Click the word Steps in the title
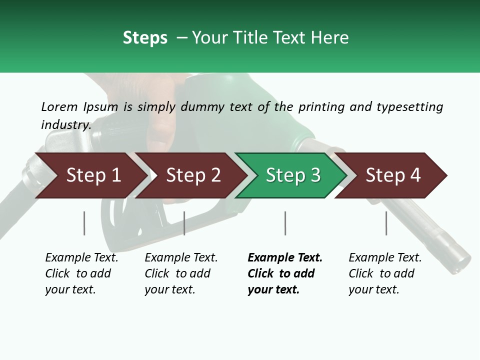(145, 38)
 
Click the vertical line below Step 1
(84, 223)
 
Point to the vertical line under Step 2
(184, 223)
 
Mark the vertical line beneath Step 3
(285, 223)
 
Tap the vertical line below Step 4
(386, 223)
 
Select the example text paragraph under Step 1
(81, 273)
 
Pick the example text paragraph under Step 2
(181, 273)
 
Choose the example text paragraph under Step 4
(385, 273)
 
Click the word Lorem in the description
(59, 106)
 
